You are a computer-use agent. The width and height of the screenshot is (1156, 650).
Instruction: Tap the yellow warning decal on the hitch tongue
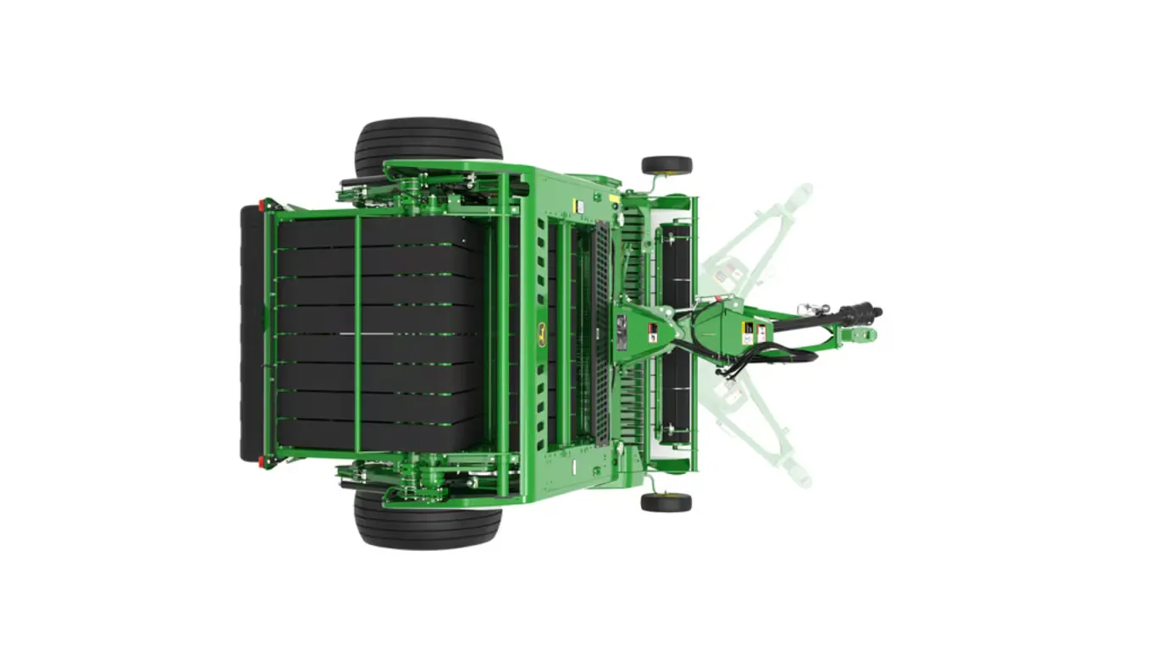747,333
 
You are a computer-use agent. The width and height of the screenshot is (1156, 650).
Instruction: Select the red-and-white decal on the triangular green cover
652,333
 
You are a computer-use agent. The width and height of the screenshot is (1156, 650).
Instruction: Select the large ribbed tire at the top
428,146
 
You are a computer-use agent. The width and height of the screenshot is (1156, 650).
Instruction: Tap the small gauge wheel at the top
666,166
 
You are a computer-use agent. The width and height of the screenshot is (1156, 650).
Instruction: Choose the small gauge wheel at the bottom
666,502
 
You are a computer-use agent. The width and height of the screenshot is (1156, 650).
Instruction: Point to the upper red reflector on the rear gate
262,205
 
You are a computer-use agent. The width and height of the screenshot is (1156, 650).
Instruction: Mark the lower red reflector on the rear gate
261,461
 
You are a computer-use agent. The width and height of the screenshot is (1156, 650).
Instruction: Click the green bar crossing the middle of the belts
357,333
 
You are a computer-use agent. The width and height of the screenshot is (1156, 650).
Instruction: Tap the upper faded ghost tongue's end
799,193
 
